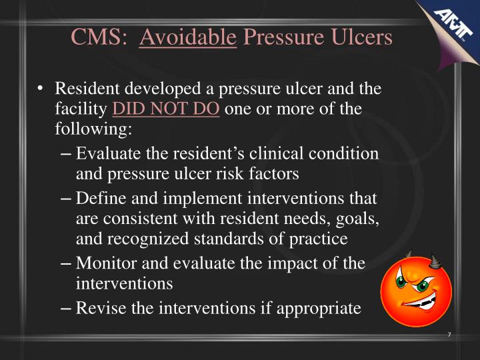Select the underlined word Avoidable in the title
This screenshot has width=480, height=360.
coord(188,38)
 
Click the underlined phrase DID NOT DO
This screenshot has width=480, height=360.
coord(166,109)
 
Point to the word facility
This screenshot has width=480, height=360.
coord(81,109)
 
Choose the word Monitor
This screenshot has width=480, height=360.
coord(103,263)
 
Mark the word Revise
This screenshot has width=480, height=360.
coord(97,307)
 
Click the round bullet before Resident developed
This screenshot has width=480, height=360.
coord(41,89)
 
